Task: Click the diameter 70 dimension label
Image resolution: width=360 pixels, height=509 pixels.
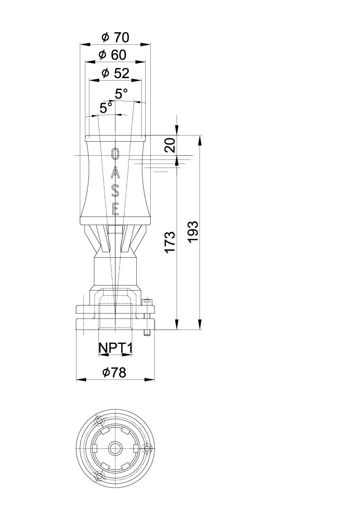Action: pos(115,37)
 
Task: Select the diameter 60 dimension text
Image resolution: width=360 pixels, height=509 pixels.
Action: pos(112,55)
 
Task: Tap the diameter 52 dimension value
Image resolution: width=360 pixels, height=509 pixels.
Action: pos(115,73)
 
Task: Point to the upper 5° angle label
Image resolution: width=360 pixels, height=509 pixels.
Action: pos(121,93)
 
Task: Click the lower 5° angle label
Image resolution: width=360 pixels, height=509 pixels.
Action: pos(106,108)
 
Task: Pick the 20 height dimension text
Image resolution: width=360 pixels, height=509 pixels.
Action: pos(170,145)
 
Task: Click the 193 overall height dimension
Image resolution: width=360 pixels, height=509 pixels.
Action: pos(193,232)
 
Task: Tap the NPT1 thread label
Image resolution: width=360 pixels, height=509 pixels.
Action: pos(115,348)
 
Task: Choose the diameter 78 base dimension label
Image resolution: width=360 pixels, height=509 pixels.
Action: pos(114,373)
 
